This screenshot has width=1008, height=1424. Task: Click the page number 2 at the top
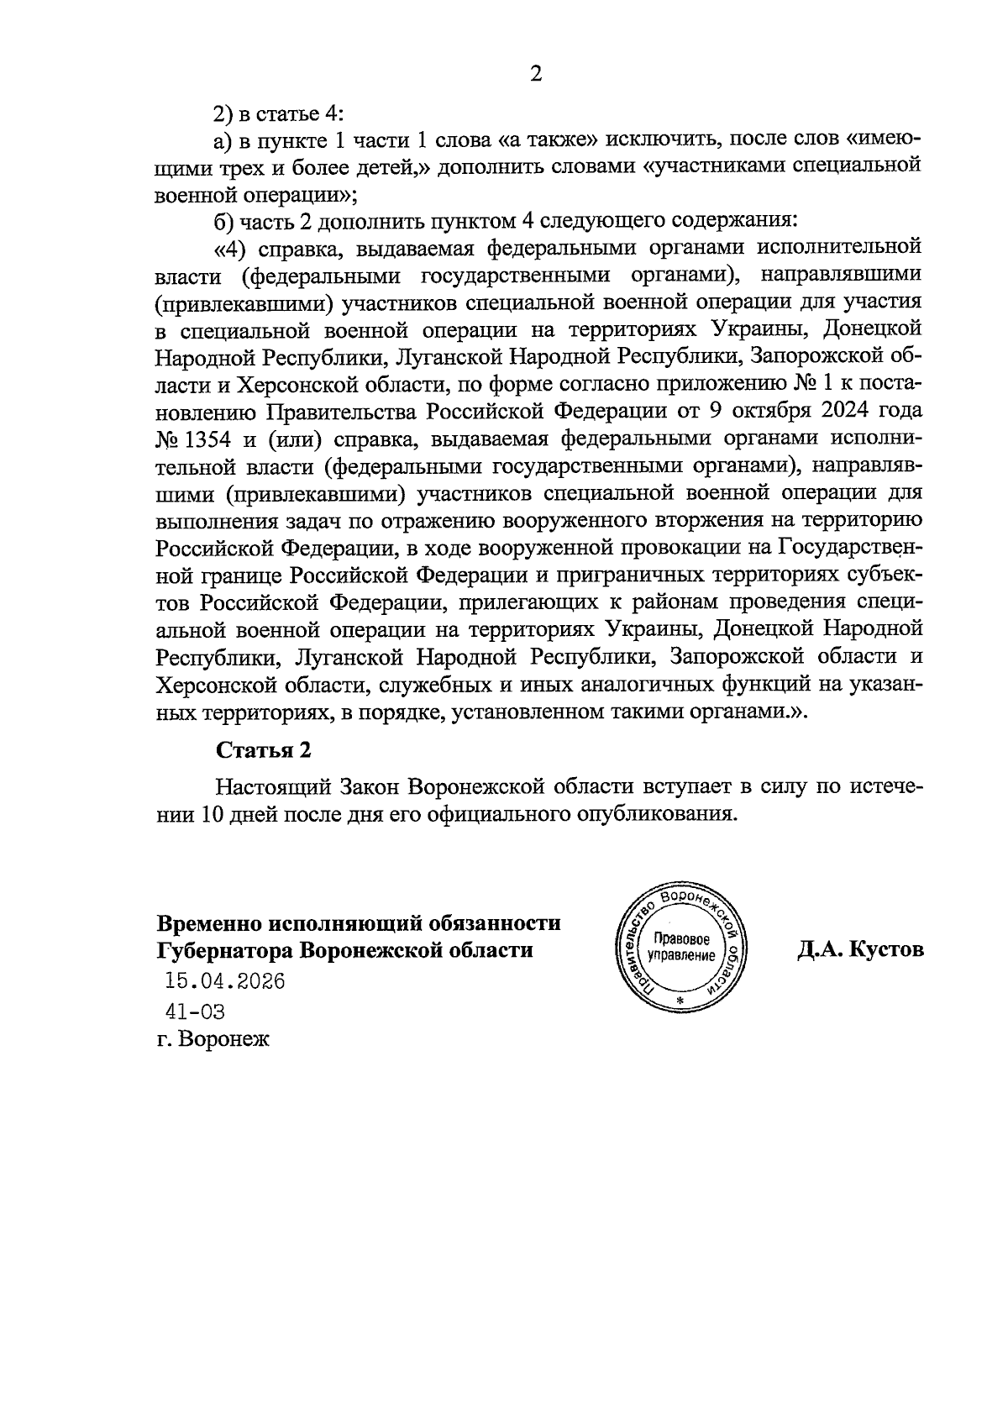click(535, 75)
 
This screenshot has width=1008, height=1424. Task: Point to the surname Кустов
click(887, 949)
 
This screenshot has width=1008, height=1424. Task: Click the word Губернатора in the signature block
click(223, 950)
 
